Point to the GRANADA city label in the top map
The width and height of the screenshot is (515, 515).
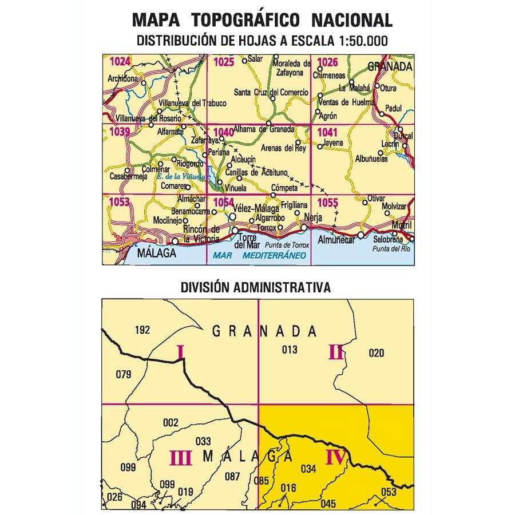390,66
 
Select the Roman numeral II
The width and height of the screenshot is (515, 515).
336,352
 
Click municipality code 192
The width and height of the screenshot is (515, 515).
142,330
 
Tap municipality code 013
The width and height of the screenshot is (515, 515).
290,350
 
